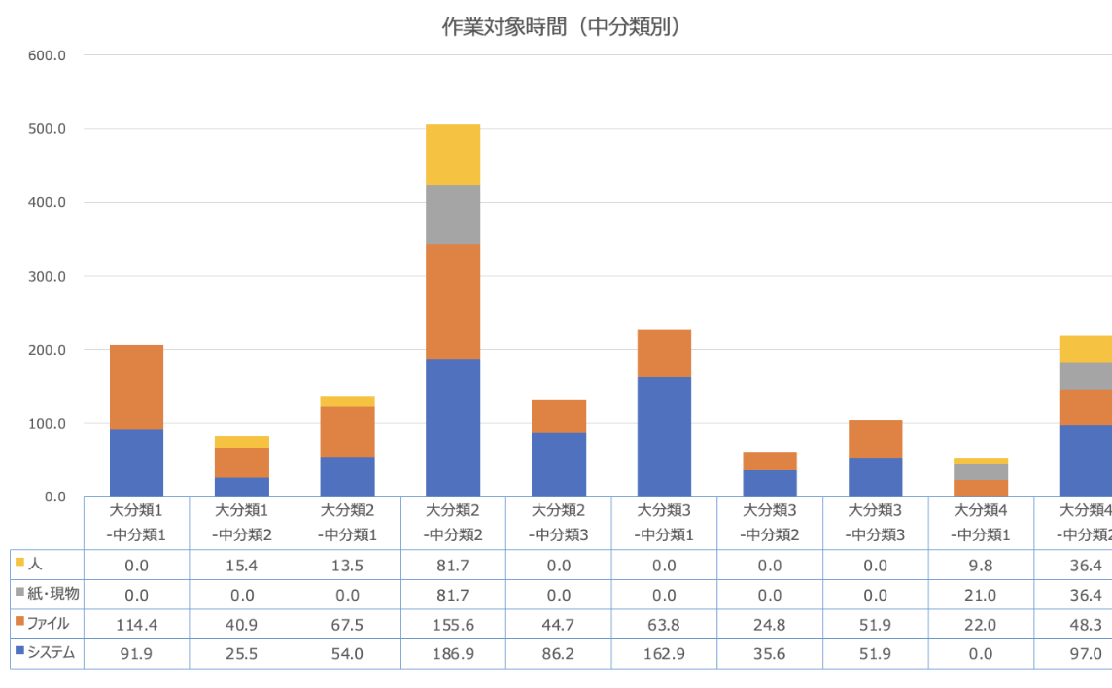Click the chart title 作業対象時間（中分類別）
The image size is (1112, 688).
(x=561, y=27)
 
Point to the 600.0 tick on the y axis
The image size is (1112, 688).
(x=47, y=55)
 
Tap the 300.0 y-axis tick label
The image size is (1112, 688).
(x=47, y=276)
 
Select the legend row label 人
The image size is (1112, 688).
(x=36, y=563)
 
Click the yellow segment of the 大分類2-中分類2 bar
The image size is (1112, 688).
(x=453, y=155)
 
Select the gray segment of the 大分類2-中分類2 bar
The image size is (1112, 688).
(x=453, y=214)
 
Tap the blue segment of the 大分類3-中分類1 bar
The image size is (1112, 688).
(x=664, y=436)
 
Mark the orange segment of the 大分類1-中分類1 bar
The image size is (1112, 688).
(x=136, y=387)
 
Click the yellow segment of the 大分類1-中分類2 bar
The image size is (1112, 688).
(x=242, y=442)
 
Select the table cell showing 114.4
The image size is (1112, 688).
(x=136, y=624)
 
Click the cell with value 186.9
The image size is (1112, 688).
(x=453, y=654)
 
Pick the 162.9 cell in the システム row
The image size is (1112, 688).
(x=664, y=654)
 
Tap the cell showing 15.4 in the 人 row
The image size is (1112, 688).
(x=242, y=564)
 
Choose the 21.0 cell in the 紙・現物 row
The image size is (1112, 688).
(x=981, y=594)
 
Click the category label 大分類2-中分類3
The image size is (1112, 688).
(x=559, y=523)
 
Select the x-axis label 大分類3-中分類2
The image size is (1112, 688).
(x=770, y=523)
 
